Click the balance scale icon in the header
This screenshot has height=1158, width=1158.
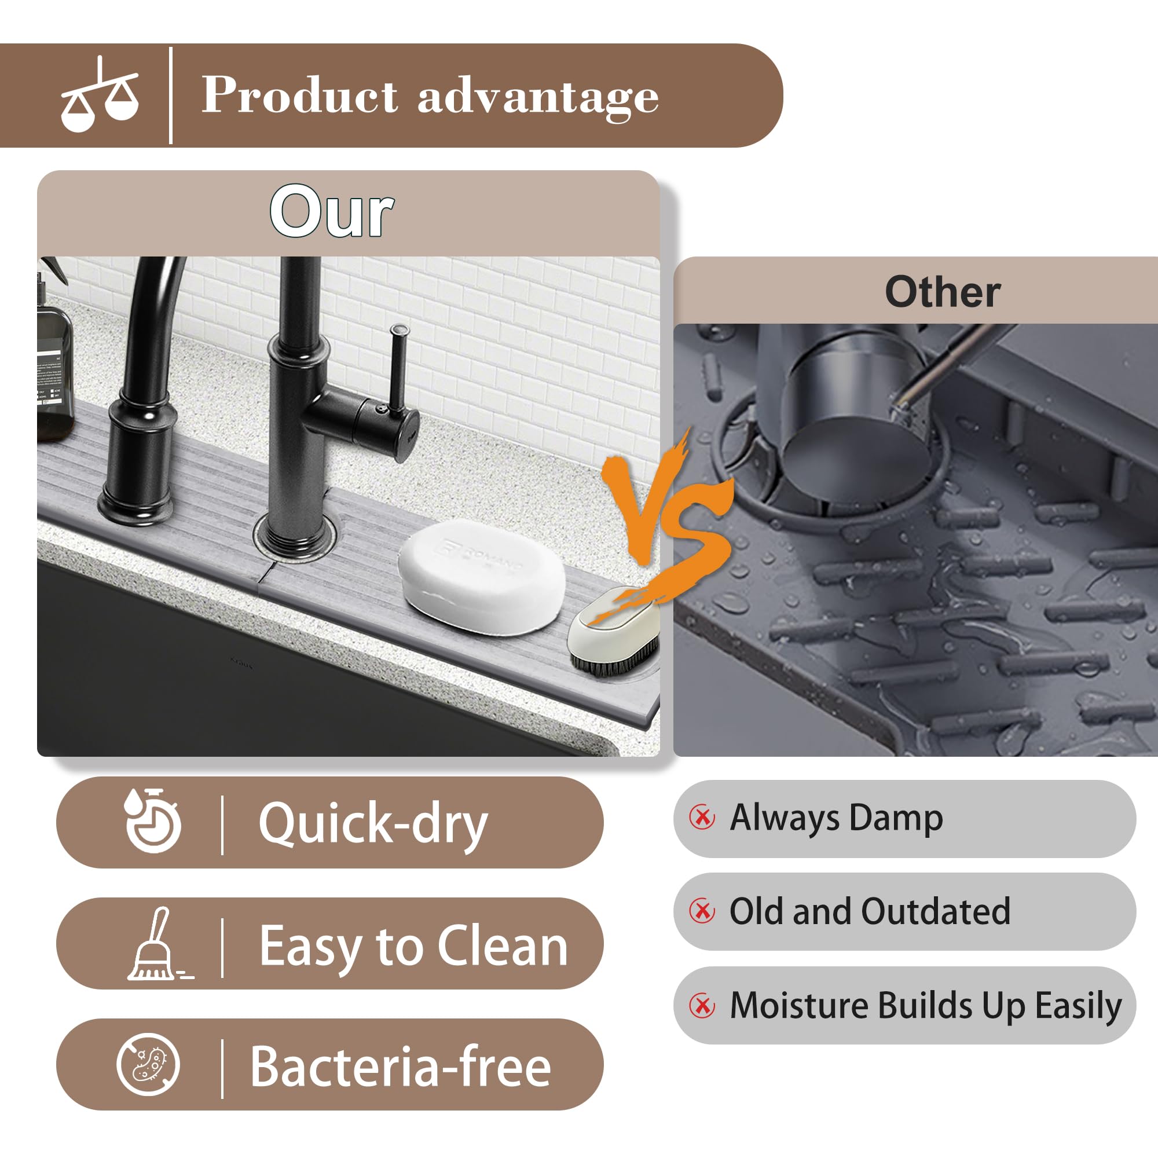coord(100,96)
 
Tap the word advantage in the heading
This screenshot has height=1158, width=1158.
coord(538,97)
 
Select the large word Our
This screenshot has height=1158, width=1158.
coord(331,211)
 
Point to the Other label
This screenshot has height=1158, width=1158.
coord(942,292)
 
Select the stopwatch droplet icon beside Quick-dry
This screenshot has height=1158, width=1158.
coord(152,820)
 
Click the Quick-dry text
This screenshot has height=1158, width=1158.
coord(373,823)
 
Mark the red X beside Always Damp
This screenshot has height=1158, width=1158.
coord(702,817)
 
